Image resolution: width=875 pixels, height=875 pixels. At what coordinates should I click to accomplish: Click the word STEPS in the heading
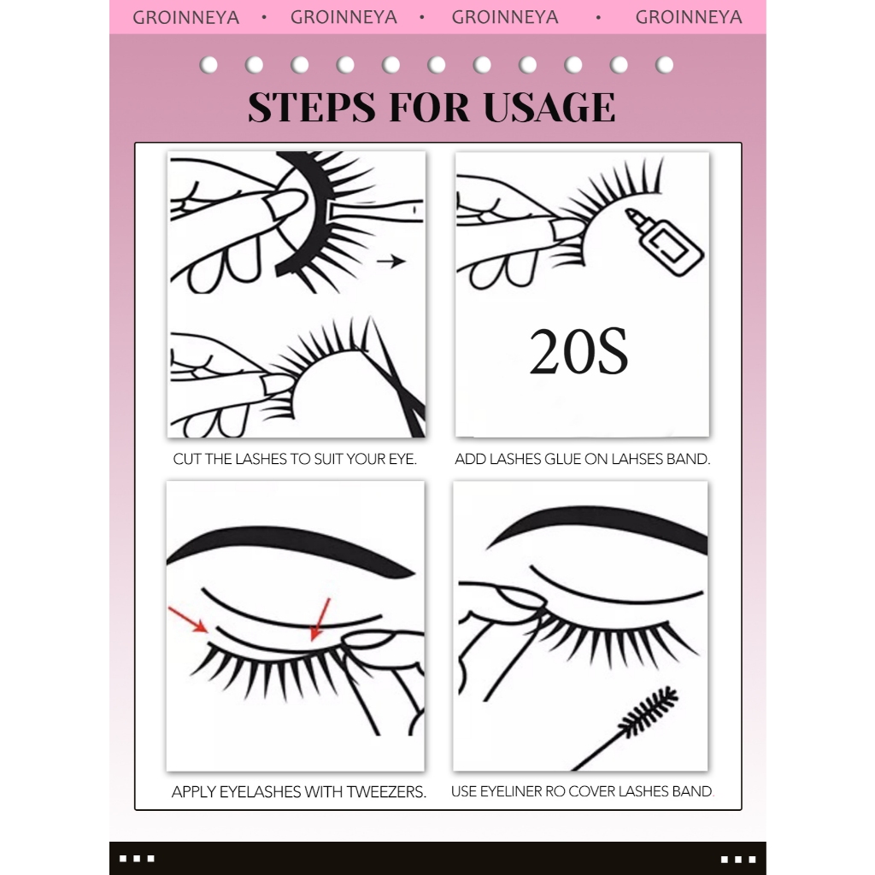(x=312, y=107)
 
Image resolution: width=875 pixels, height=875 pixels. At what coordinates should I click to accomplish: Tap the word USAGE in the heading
(x=549, y=107)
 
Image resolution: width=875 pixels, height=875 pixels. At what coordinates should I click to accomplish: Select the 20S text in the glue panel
(x=578, y=351)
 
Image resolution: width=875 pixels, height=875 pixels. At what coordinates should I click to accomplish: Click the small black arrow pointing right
(x=391, y=261)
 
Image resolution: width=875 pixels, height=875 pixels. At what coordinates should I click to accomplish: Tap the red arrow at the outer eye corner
(x=188, y=620)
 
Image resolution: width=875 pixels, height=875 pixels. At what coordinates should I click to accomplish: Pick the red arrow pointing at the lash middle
(x=320, y=620)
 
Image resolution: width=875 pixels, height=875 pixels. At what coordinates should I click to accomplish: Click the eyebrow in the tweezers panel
(x=291, y=549)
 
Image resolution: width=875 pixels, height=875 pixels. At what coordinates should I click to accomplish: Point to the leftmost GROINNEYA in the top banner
(x=185, y=17)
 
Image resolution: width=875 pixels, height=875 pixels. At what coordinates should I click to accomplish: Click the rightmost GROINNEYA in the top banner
(x=689, y=17)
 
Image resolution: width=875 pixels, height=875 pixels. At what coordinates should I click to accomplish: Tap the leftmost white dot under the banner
(x=208, y=65)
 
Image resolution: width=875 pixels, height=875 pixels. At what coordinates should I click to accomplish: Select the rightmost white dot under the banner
(x=664, y=65)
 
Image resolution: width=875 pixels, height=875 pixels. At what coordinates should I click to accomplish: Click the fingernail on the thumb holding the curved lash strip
(x=285, y=203)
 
